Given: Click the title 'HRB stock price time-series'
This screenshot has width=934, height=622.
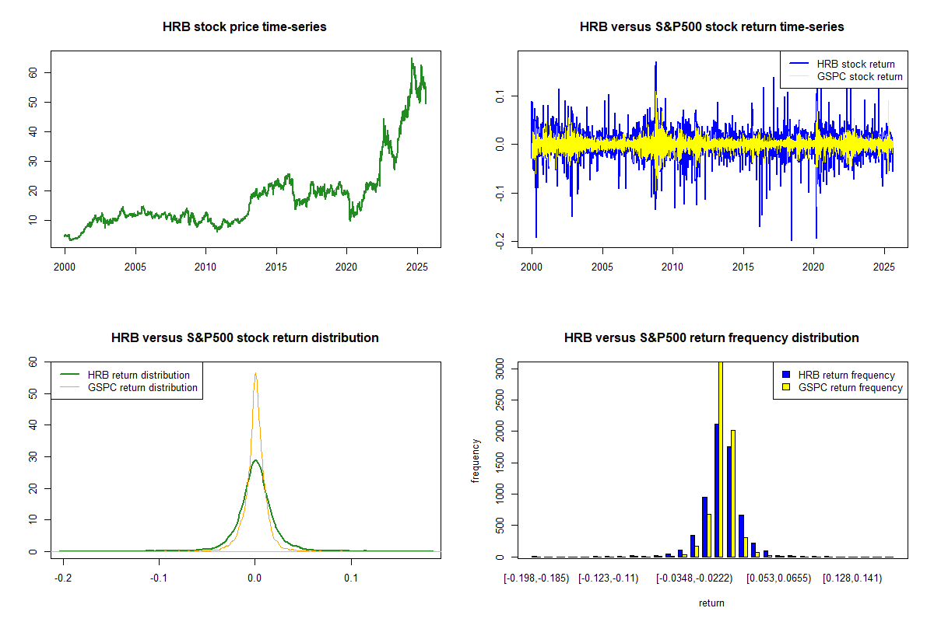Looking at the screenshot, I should [244, 27].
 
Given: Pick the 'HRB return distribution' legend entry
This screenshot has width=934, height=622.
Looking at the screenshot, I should [139, 375].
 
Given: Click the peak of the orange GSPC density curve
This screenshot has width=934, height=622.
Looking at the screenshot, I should [255, 373].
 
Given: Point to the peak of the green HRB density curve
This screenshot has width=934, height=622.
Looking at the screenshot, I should [255, 460].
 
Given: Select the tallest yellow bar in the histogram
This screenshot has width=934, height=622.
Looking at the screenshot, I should [720, 459].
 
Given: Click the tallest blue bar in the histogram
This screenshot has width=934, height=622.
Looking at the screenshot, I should [715, 490].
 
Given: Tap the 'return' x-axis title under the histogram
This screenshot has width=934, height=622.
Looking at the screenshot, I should [711, 603].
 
